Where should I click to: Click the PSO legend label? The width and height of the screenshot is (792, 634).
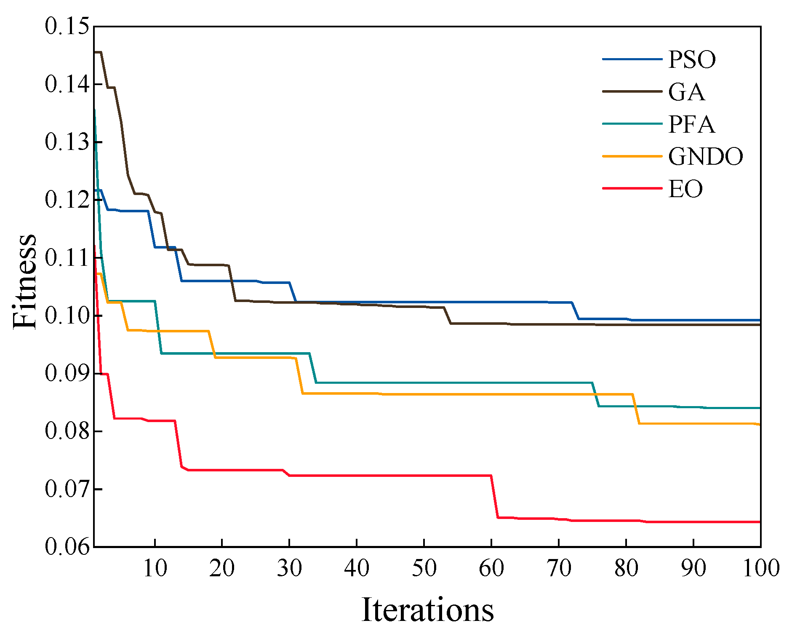692,59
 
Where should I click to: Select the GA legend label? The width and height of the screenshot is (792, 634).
686,92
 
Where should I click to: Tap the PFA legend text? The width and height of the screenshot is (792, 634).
692,124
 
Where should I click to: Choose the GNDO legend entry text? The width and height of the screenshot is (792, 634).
705,157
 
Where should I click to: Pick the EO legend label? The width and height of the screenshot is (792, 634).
685,189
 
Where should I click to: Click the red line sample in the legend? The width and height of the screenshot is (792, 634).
632,188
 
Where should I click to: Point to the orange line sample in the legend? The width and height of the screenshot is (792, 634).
632,156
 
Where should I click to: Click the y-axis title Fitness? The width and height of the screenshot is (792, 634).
24,281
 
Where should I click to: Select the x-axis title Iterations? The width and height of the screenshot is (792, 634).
427,610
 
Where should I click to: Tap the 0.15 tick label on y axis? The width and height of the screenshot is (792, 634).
67,26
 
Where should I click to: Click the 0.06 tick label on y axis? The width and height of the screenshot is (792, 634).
67,546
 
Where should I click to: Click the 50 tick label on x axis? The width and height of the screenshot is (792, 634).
424,568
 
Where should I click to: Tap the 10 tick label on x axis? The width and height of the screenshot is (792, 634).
155,568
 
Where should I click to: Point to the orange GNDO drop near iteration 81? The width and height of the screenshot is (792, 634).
636,409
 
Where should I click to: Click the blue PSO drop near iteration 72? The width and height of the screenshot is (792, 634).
575,310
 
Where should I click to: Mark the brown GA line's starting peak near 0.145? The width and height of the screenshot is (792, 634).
98,52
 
